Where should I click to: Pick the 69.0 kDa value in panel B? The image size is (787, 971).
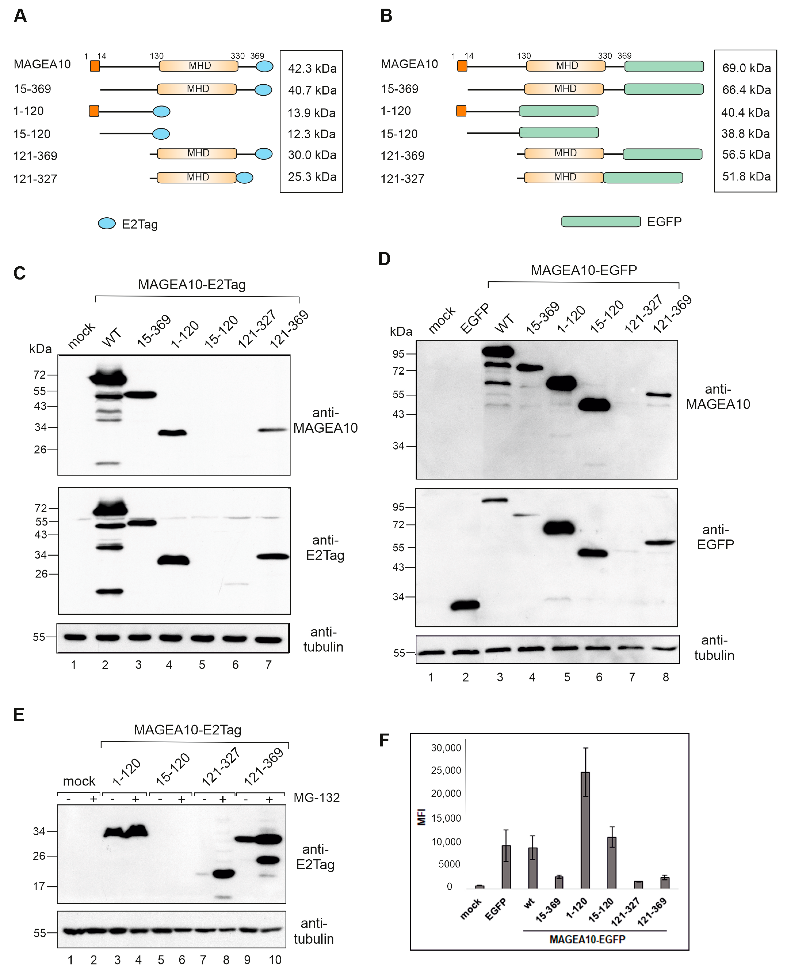pos(746,68)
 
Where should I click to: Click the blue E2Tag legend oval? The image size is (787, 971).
pos(107,223)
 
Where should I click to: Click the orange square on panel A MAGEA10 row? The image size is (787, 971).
pos(95,66)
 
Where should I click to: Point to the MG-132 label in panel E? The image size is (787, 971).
pos(316,797)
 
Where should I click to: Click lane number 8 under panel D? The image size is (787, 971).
pos(666,677)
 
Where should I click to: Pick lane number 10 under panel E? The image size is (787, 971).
pos(275,960)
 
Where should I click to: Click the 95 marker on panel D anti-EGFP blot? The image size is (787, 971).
pos(398,507)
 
